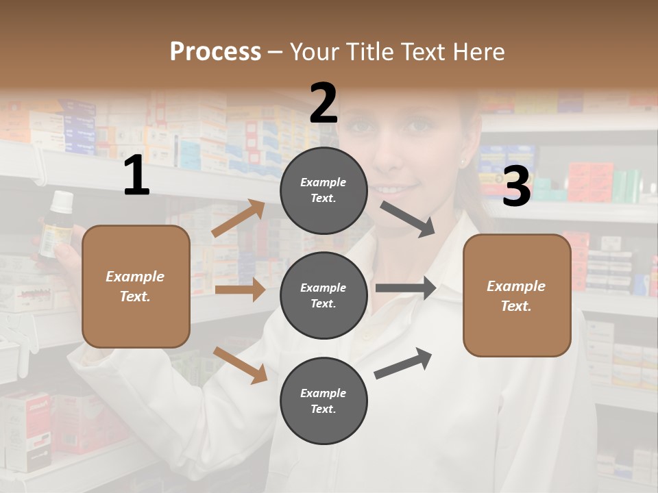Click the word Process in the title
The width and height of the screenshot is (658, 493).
215,51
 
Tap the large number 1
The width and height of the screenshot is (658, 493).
136,176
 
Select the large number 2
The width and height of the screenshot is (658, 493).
323,103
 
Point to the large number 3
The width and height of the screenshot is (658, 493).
516,186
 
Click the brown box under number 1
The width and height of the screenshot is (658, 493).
136,286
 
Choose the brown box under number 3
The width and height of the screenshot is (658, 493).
517,295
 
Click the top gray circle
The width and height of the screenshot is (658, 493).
324,190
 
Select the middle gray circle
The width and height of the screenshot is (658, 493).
324,295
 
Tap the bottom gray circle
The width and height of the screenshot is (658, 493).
324,401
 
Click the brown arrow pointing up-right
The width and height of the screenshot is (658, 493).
239,218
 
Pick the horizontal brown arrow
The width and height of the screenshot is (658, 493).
240,290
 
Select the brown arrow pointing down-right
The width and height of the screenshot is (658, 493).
240,364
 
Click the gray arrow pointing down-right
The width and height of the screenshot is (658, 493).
408,218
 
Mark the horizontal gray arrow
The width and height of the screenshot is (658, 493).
406,288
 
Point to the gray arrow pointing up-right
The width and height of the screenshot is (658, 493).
403,363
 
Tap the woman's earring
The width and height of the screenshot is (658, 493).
464,162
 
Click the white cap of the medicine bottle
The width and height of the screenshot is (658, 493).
62,201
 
